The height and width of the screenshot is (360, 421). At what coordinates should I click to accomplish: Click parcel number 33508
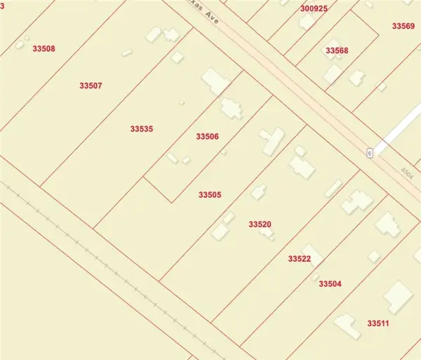point(44,48)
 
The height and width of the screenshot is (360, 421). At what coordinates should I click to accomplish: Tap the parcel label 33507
point(91,86)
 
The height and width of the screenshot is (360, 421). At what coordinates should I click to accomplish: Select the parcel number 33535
point(141,129)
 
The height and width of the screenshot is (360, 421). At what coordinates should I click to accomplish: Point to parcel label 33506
point(208,136)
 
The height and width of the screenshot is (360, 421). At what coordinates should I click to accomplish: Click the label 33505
point(210,194)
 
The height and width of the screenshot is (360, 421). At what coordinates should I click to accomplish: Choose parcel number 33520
point(260,225)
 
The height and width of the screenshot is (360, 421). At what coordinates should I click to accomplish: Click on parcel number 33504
point(330,284)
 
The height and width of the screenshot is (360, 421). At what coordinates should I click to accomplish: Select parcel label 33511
point(378,324)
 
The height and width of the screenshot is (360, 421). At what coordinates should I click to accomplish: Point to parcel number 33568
point(337,51)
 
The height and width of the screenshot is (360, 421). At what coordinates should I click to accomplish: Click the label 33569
point(403,26)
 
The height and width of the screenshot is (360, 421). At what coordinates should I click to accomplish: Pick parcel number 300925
point(314,8)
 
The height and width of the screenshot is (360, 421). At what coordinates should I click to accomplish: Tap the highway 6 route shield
point(369,153)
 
